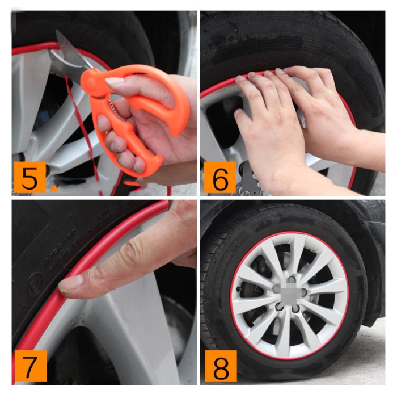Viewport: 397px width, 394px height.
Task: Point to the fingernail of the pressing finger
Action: click(x=70, y=284)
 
